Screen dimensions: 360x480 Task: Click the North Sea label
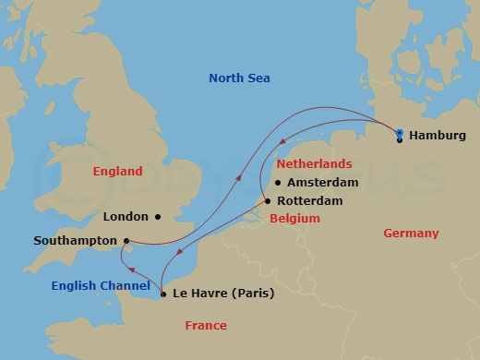239,78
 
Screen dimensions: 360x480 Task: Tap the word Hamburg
437,136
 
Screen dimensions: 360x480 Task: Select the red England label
117,172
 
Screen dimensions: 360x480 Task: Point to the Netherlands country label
314,163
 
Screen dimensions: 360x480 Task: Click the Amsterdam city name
323,183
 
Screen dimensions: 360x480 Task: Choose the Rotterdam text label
309,201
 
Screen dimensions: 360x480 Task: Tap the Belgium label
294,219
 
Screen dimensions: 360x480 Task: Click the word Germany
411,234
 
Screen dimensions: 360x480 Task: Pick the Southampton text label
75,241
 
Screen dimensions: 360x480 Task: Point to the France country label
205,326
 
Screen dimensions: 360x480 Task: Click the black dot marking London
158,217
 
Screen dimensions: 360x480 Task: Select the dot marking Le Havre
163,294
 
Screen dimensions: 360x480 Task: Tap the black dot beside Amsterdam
277,183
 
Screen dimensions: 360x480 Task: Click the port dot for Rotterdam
268,201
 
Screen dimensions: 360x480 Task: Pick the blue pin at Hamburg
399,134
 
